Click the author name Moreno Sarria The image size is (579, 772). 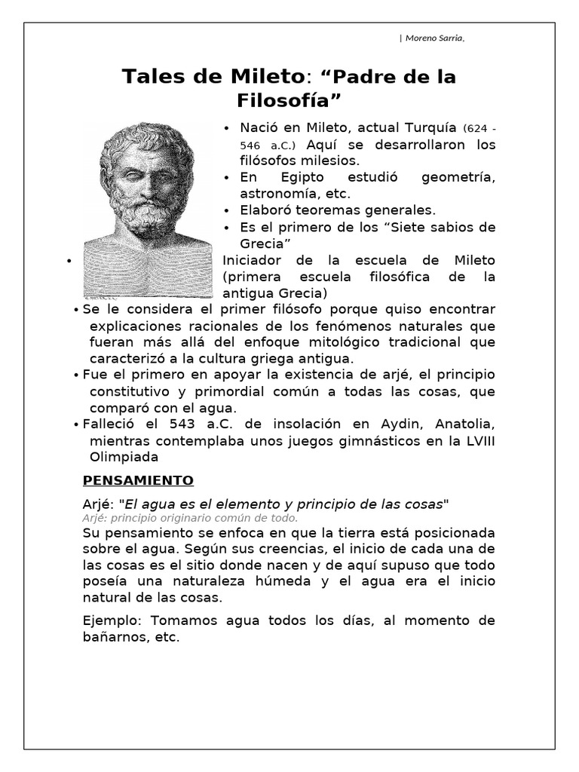(x=433, y=39)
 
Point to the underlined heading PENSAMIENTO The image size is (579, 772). (x=137, y=480)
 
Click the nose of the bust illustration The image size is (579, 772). (x=143, y=185)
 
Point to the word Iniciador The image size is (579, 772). (x=253, y=260)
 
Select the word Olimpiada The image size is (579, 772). (x=124, y=456)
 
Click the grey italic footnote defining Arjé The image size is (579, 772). (x=189, y=518)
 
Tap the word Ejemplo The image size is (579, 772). (x=112, y=620)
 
